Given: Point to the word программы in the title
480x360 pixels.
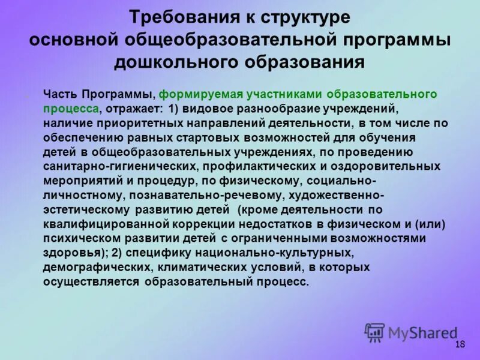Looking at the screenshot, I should coord(393,39).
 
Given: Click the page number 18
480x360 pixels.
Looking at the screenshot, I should coord(461,344).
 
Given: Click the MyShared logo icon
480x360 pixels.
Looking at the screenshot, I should coord(375,332).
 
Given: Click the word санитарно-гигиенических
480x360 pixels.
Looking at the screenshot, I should coord(121,166).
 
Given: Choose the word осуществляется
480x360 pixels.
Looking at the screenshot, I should coord(91,281).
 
